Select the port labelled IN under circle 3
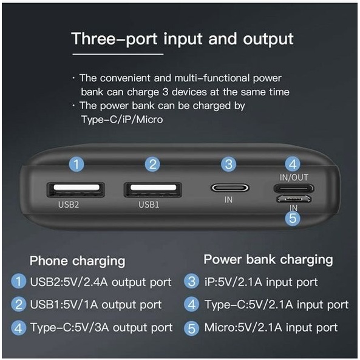(x=228, y=188)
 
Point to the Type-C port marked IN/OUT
(x=293, y=187)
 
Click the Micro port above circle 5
(x=293, y=200)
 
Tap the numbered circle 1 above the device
(x=76, y=164)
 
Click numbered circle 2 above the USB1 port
(x=152, y=164)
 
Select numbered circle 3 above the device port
(x=228, y=164)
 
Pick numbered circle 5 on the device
(x=293, y=219)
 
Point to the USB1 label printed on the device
(x=149, y=205)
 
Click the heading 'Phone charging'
(x=77, y=261)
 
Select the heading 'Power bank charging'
(x=268, y=260)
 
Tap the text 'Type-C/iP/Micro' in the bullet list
(x=121, y=120)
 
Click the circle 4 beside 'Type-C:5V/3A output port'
(x=19, y=328)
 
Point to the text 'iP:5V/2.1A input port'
(x=261, y=282)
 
